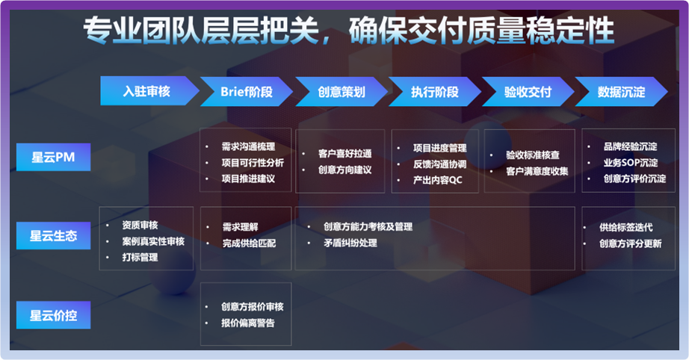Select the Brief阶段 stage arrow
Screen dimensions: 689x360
coord(247,91)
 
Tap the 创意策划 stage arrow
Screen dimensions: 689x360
coord(342,91)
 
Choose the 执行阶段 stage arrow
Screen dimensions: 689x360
coord(435,91)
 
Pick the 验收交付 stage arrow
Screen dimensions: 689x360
coord(528,91)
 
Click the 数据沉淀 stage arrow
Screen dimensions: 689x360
coord(621,91)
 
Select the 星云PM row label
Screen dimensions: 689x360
coord(54,157)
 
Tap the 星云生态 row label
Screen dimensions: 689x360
coord(54,236)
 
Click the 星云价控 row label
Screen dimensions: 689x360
coord(54,314)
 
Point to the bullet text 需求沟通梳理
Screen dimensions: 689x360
coord(248,146)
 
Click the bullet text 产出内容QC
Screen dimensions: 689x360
coord(438,180)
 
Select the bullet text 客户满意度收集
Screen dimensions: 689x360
coord(537,171)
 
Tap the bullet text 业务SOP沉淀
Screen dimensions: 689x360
coord(631,162)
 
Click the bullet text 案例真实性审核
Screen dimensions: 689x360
coord(153,241)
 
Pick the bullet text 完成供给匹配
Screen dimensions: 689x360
coord(249,243)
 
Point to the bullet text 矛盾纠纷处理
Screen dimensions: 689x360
coord(350,243)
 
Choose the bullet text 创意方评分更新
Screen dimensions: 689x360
coord(631,243)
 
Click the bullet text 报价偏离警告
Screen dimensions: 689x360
coord(248,323)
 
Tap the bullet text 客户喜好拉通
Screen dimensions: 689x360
coord(345,154)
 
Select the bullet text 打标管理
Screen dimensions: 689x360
coord(140,257)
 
